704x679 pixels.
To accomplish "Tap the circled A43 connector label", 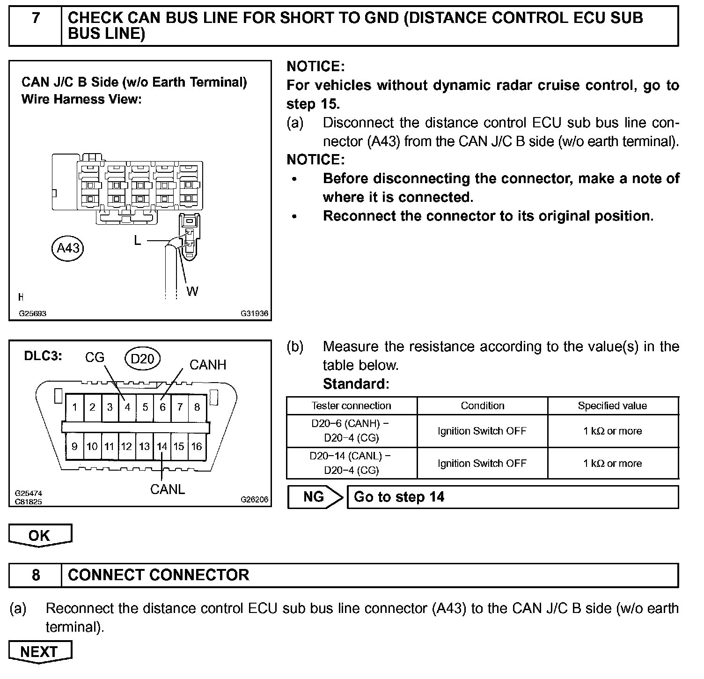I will click(x=68, y=248).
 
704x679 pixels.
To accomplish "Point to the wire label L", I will click(x=137, y=241).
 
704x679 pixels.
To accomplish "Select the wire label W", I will click(x=192, y=291).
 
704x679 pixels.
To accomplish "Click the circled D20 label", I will click(x=142, y=359).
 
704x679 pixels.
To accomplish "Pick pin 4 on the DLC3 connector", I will click(x=127, y=407).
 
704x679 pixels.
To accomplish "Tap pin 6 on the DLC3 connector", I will click(x=162, y=407).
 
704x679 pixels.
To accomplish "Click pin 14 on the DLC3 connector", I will click(x=162, y=446).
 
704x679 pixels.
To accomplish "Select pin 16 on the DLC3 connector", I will click(x=197, y=446).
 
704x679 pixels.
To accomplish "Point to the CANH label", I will click(x=208, y=365).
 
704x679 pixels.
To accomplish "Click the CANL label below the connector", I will click(x=168, y=489).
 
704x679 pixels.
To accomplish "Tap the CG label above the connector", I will click(x=95, y=358).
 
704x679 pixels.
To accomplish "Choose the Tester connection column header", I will click(x=351, y=406).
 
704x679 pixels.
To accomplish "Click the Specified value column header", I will click(x=612, y=406).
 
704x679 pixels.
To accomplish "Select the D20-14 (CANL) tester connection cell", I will click(x=351, y=463).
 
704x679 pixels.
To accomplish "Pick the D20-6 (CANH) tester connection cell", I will click(x=351, y=431).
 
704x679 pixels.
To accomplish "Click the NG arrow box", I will click(x=315, y=497).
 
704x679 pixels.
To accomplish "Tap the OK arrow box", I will click(x=40, y=535).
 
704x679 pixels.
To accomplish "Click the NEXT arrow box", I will click(x=40, y=652).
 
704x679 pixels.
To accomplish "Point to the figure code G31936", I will click(x=255, y=314).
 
